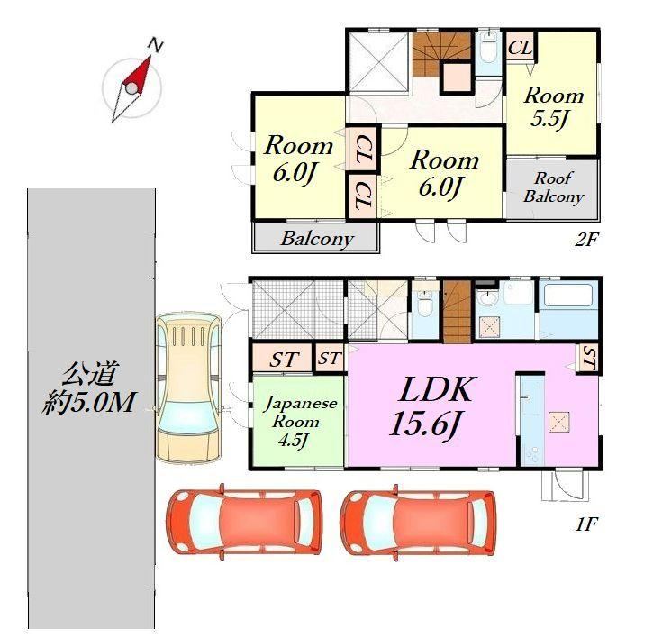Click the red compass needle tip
tap(150, 57)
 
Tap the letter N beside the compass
tap(156, 44)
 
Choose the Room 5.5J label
tap(554, 106)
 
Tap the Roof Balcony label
tap(553, 187)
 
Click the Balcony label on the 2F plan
tap(317, 239)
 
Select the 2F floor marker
tap(585, 240)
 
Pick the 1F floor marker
tap(585, 524)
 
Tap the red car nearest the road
tap(244, 521)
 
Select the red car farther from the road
tap(419, 521)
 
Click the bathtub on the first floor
tap(567, 296)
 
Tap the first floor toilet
tap(424, 302)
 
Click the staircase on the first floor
tap(457, 312)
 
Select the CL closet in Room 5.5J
tap(520, 46)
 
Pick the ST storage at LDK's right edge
tap(589, 359)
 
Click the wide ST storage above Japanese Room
tap(283, 359)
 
